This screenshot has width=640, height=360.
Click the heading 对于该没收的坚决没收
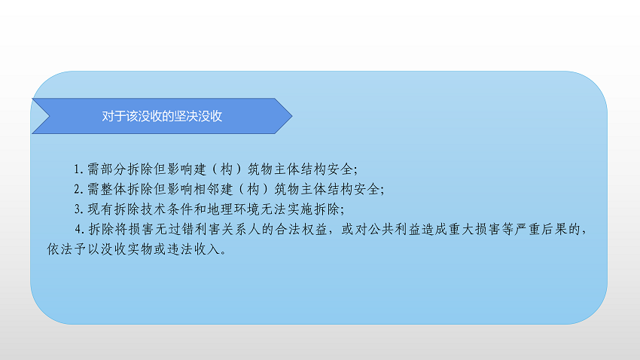pos(162,117)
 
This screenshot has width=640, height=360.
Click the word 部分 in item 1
pos(108,168)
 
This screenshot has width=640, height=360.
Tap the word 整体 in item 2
pos(108,188)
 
